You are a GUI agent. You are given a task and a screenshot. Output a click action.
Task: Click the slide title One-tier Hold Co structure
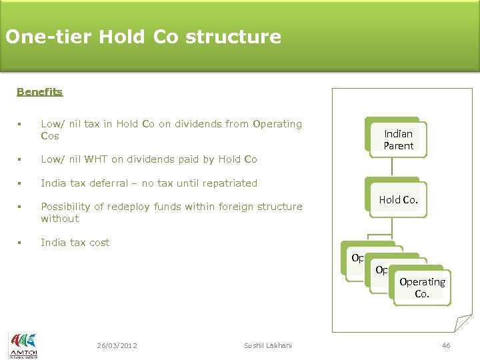click(143, 36)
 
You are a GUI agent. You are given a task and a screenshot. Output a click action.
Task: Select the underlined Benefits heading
click(39, 92)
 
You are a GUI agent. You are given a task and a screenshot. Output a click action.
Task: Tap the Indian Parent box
click(398, 139)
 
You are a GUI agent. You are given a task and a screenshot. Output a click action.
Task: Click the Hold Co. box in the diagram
click(398, 199)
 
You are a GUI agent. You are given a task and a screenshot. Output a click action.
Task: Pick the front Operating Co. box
click(422, 287)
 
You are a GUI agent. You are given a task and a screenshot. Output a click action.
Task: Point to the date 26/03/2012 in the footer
click(117, 345)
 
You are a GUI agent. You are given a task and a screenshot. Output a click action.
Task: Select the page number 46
click(446, 345)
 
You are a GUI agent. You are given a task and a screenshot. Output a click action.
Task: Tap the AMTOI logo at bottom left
click(23, 345)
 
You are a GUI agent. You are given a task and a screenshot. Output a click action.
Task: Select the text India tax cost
click(75, 243)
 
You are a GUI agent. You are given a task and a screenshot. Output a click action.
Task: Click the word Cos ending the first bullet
click(50, 136)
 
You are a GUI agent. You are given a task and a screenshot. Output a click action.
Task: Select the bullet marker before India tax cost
click(20, 243)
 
